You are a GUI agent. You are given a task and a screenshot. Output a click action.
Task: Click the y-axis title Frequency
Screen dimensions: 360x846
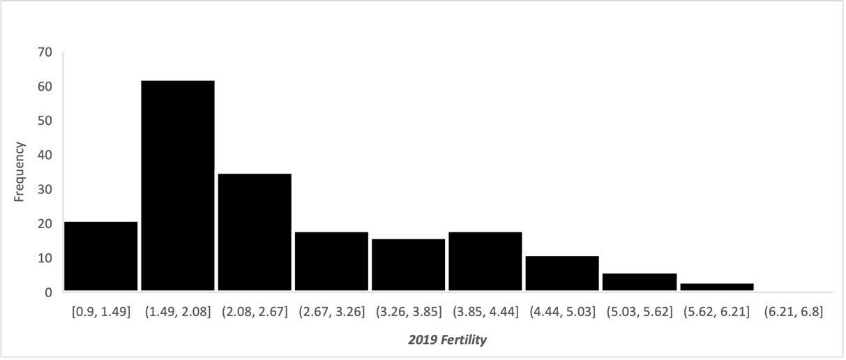point(20,172)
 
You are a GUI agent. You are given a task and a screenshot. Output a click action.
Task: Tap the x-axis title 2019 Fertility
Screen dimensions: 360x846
point(447,340)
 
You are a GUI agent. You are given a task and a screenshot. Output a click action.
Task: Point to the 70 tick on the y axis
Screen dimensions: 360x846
point(45,52)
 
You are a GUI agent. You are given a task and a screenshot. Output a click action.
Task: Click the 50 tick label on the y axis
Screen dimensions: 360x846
point(45,121)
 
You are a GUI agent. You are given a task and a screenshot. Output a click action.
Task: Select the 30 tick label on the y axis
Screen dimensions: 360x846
point(45,189)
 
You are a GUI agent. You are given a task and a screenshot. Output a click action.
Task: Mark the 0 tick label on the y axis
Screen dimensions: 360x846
point(49,292)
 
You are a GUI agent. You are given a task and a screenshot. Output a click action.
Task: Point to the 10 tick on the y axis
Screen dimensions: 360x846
point(45,257)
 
